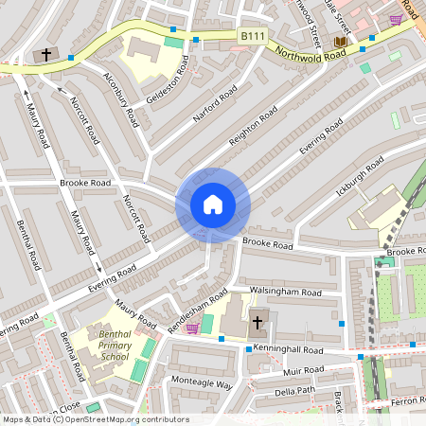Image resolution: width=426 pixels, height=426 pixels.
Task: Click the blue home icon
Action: coord(212,204)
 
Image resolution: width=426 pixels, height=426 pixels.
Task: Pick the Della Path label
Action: coord(294,391)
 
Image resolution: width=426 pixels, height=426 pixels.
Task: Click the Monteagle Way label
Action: coord(201,384)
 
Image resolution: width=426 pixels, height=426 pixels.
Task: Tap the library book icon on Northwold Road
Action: coord(340,43)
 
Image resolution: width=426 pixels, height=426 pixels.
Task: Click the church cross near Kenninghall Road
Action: coord(257,323)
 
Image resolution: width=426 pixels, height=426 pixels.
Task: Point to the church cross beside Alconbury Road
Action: coord(46,56)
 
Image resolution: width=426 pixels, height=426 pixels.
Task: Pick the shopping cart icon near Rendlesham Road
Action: coord(193,328)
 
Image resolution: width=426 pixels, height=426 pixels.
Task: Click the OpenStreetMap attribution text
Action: coord(95,419)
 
